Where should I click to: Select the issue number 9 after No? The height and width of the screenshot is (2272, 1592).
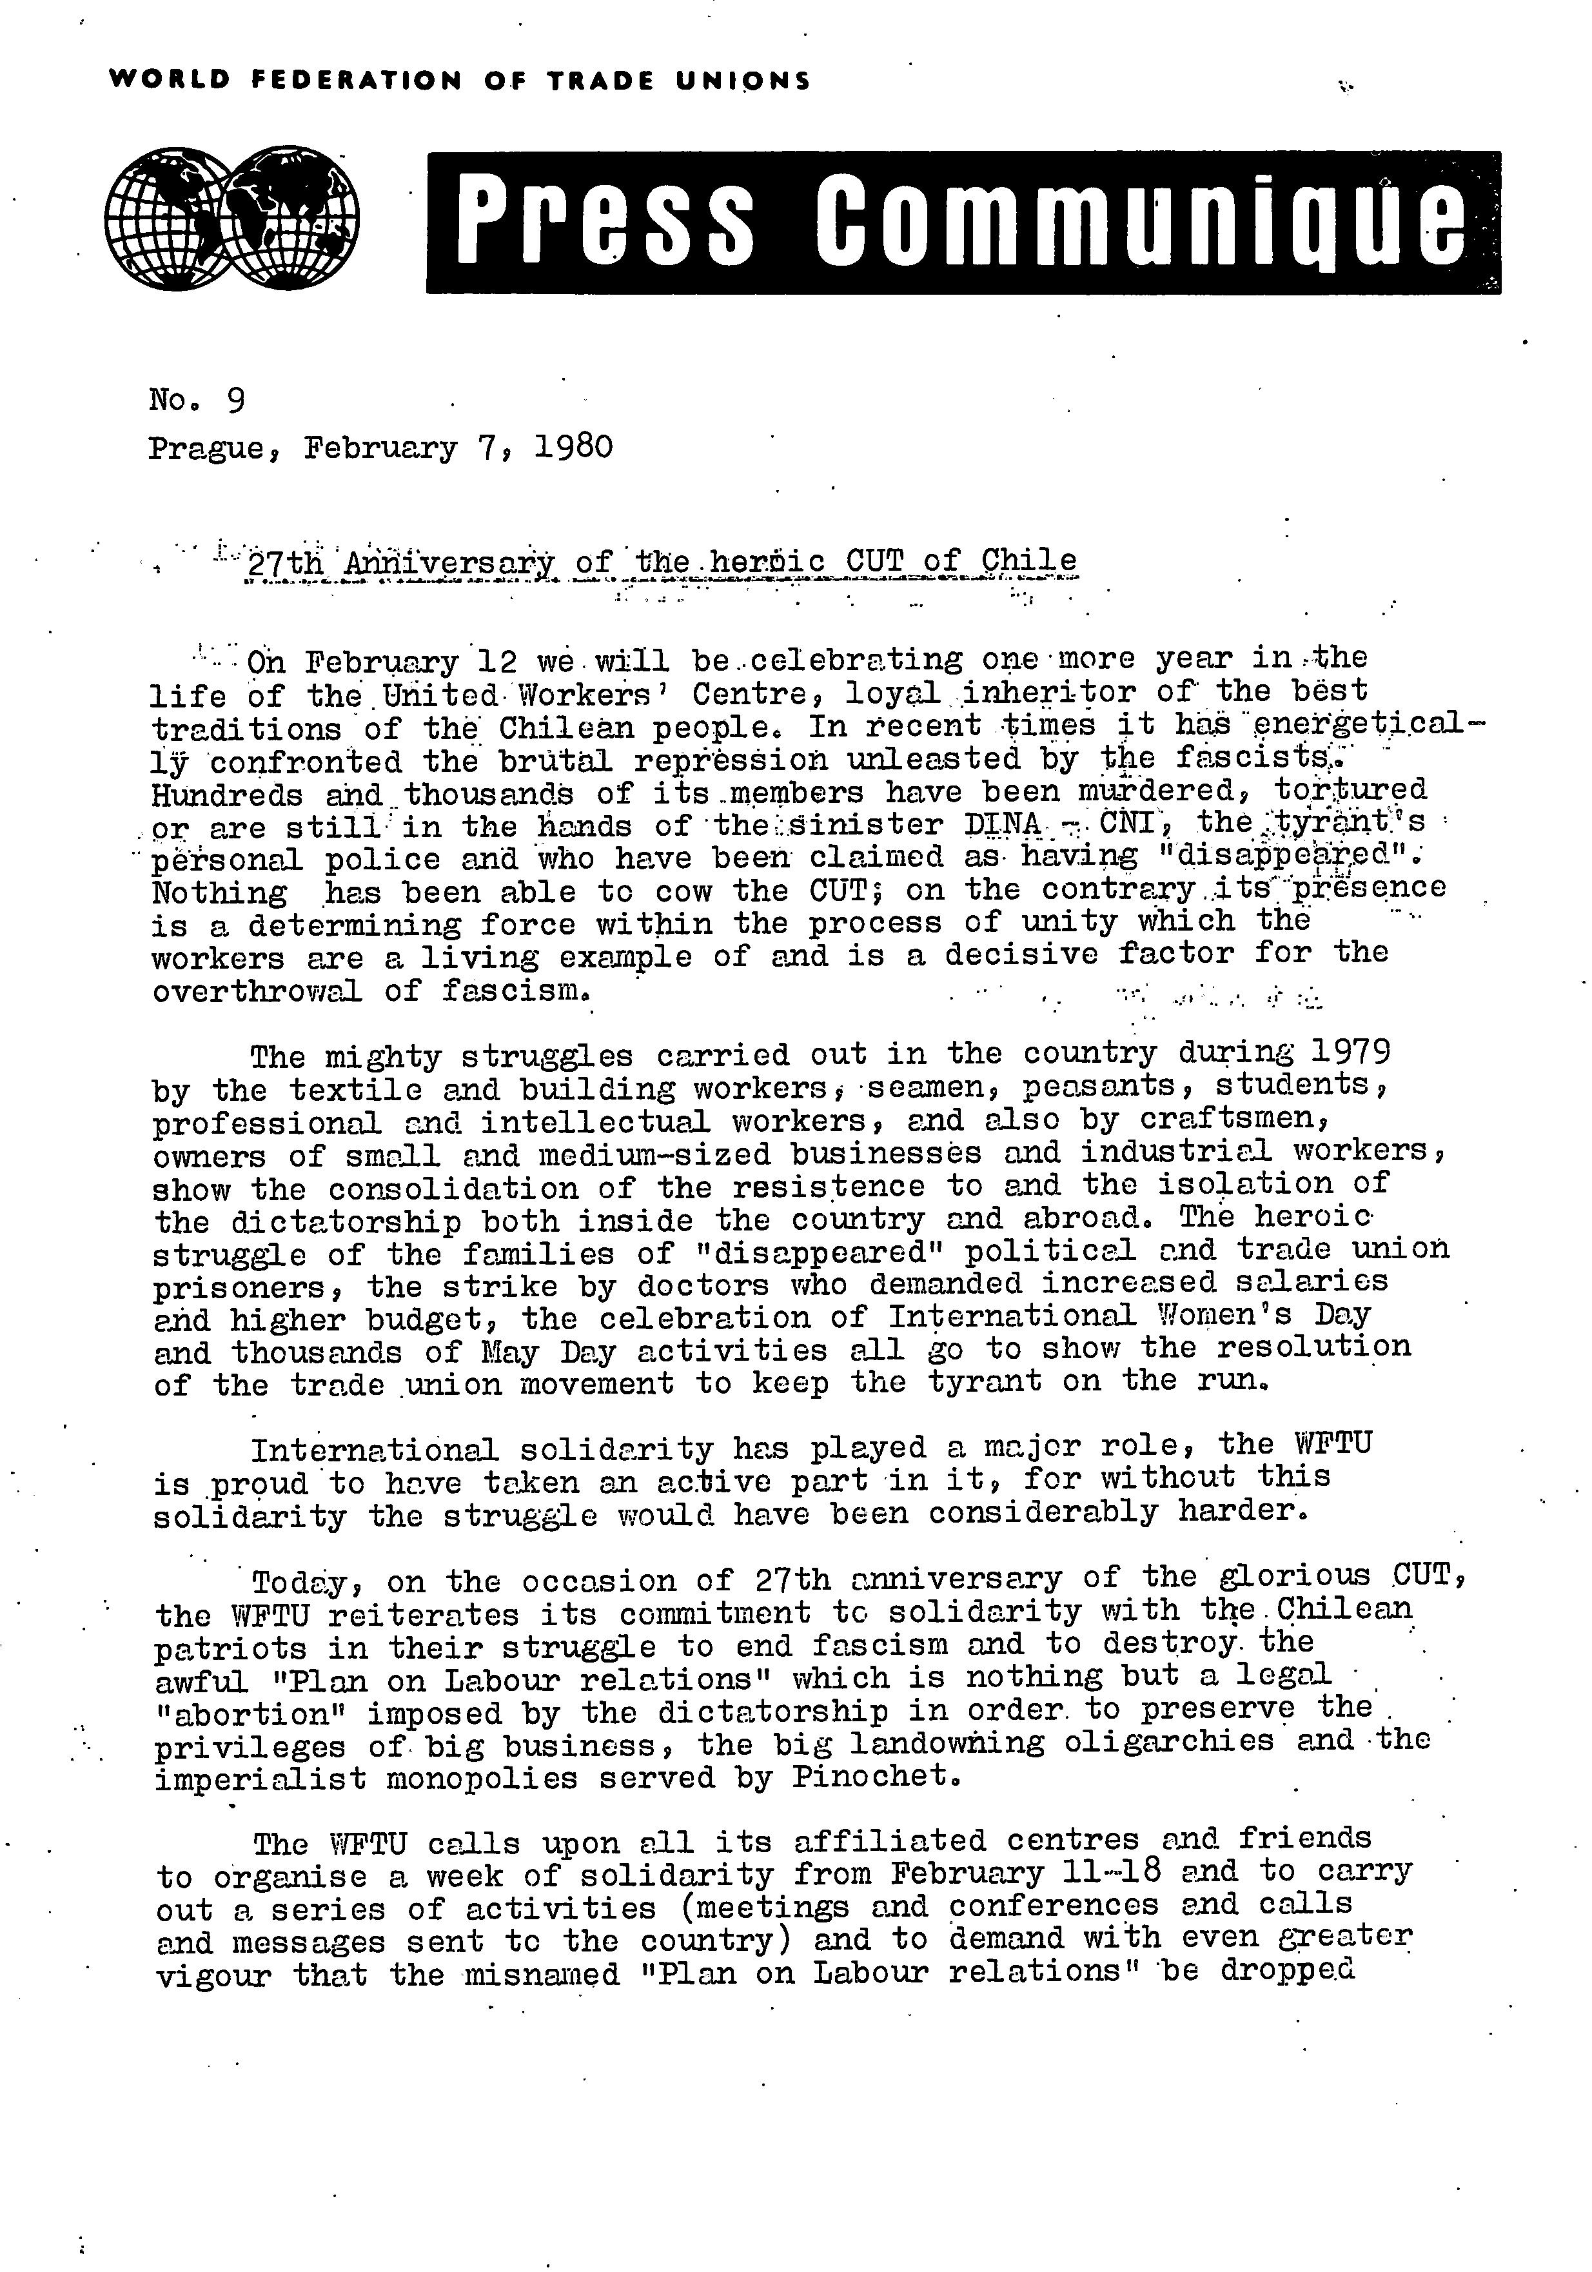(x=235, y=400)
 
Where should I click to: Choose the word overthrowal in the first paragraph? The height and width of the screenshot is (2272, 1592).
(x=259, y=991)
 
